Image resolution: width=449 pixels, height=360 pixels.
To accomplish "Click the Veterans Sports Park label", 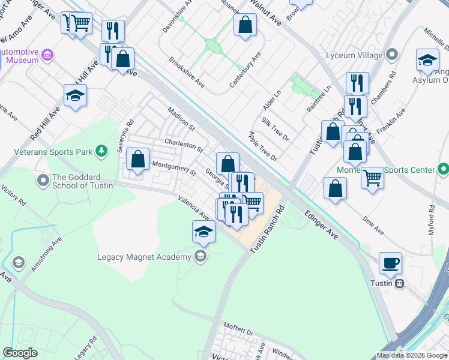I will [x=54, y=152].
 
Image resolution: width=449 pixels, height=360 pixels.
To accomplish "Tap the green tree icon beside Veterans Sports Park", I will [x=102, y=150].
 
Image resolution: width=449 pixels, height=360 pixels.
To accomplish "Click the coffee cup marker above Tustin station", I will [x=390, y=263].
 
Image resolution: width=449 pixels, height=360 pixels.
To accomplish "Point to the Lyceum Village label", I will [x=354, y=55].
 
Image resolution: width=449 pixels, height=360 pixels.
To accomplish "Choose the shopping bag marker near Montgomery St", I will [x=138, y=160].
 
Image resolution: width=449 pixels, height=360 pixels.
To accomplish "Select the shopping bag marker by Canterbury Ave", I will [x=245, y=25].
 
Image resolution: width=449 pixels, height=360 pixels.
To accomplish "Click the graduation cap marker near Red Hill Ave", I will [x=76, y=95].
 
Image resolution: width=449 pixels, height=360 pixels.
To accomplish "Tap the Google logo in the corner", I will [x=20, y=353].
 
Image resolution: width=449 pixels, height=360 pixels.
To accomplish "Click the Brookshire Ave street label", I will [x=187, y=72].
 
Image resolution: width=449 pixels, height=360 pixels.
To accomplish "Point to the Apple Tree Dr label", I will [x=263, y=146].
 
